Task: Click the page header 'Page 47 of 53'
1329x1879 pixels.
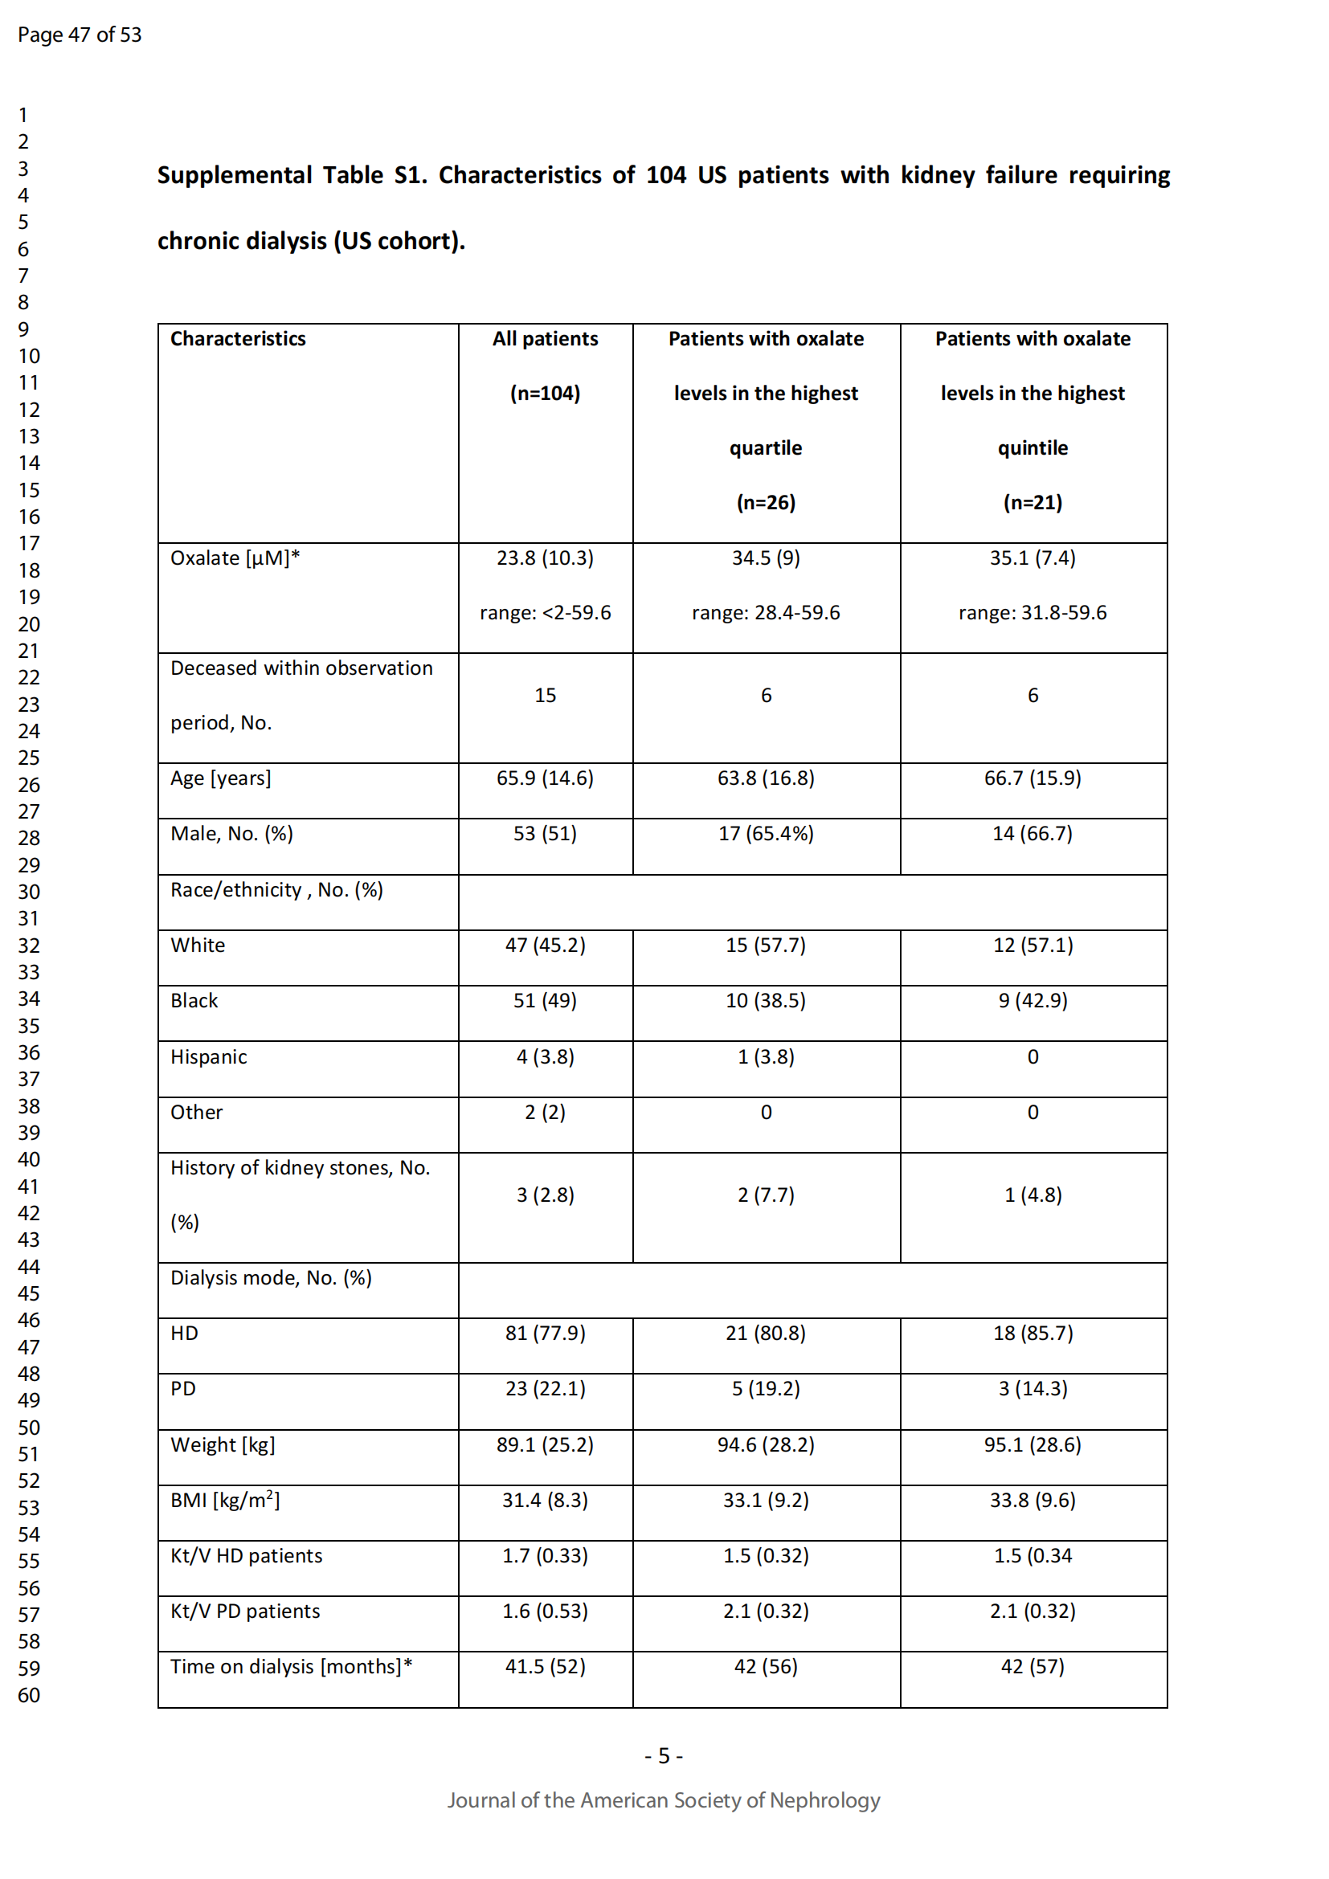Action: (x=80, y=35)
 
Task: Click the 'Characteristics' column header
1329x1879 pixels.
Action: (x=237, y=339)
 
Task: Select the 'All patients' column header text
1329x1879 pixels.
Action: (x=545, y=339)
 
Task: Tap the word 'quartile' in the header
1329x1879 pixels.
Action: (x=765, y=447)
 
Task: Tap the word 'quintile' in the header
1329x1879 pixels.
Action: (x=1032, y=447)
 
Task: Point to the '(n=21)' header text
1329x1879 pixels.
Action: (x=1032, y=502)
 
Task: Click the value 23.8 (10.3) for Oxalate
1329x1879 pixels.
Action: (x=545, y=558)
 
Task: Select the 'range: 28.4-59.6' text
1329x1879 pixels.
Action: (x=765, y=613)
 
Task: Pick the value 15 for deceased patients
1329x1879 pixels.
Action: (x=545, y=696)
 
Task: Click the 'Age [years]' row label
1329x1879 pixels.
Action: (x=220, y=778)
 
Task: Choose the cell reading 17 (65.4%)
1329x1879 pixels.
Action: (x=765, y=834)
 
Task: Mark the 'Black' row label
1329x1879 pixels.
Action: (x=194, y=1001)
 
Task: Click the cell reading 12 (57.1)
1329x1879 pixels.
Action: (x=1032, y=946)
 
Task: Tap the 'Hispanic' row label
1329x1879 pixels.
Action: (x=208, y=1057)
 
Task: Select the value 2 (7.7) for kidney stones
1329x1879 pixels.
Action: (x=765, y=1195)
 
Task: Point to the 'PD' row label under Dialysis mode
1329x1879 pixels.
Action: (x=182, y=1389)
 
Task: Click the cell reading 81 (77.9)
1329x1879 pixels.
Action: (x=545, y=1334)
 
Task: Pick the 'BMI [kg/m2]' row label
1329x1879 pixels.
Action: (x=224, y=1500)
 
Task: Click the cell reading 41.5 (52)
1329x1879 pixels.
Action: (x=545, y=1667)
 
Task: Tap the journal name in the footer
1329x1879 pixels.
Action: (x=663, y=1800)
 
